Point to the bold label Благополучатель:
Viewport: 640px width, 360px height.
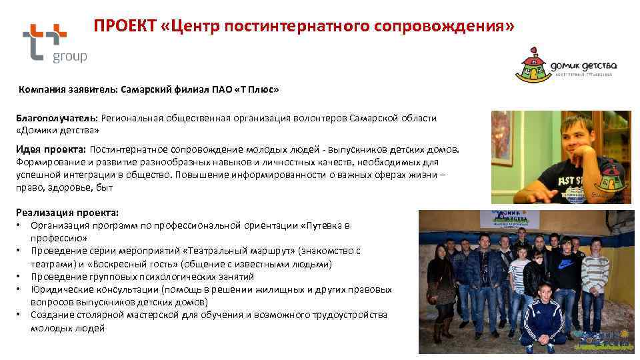pyautogui.click(x=57, y=118)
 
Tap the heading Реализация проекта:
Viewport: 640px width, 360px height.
pyautogui.click(x=67, y=213)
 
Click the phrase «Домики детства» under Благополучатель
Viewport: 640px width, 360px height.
pyautogui.click(x=58, y=129)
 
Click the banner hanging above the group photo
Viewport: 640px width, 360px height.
pyautogui.click(x=517, y=221)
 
